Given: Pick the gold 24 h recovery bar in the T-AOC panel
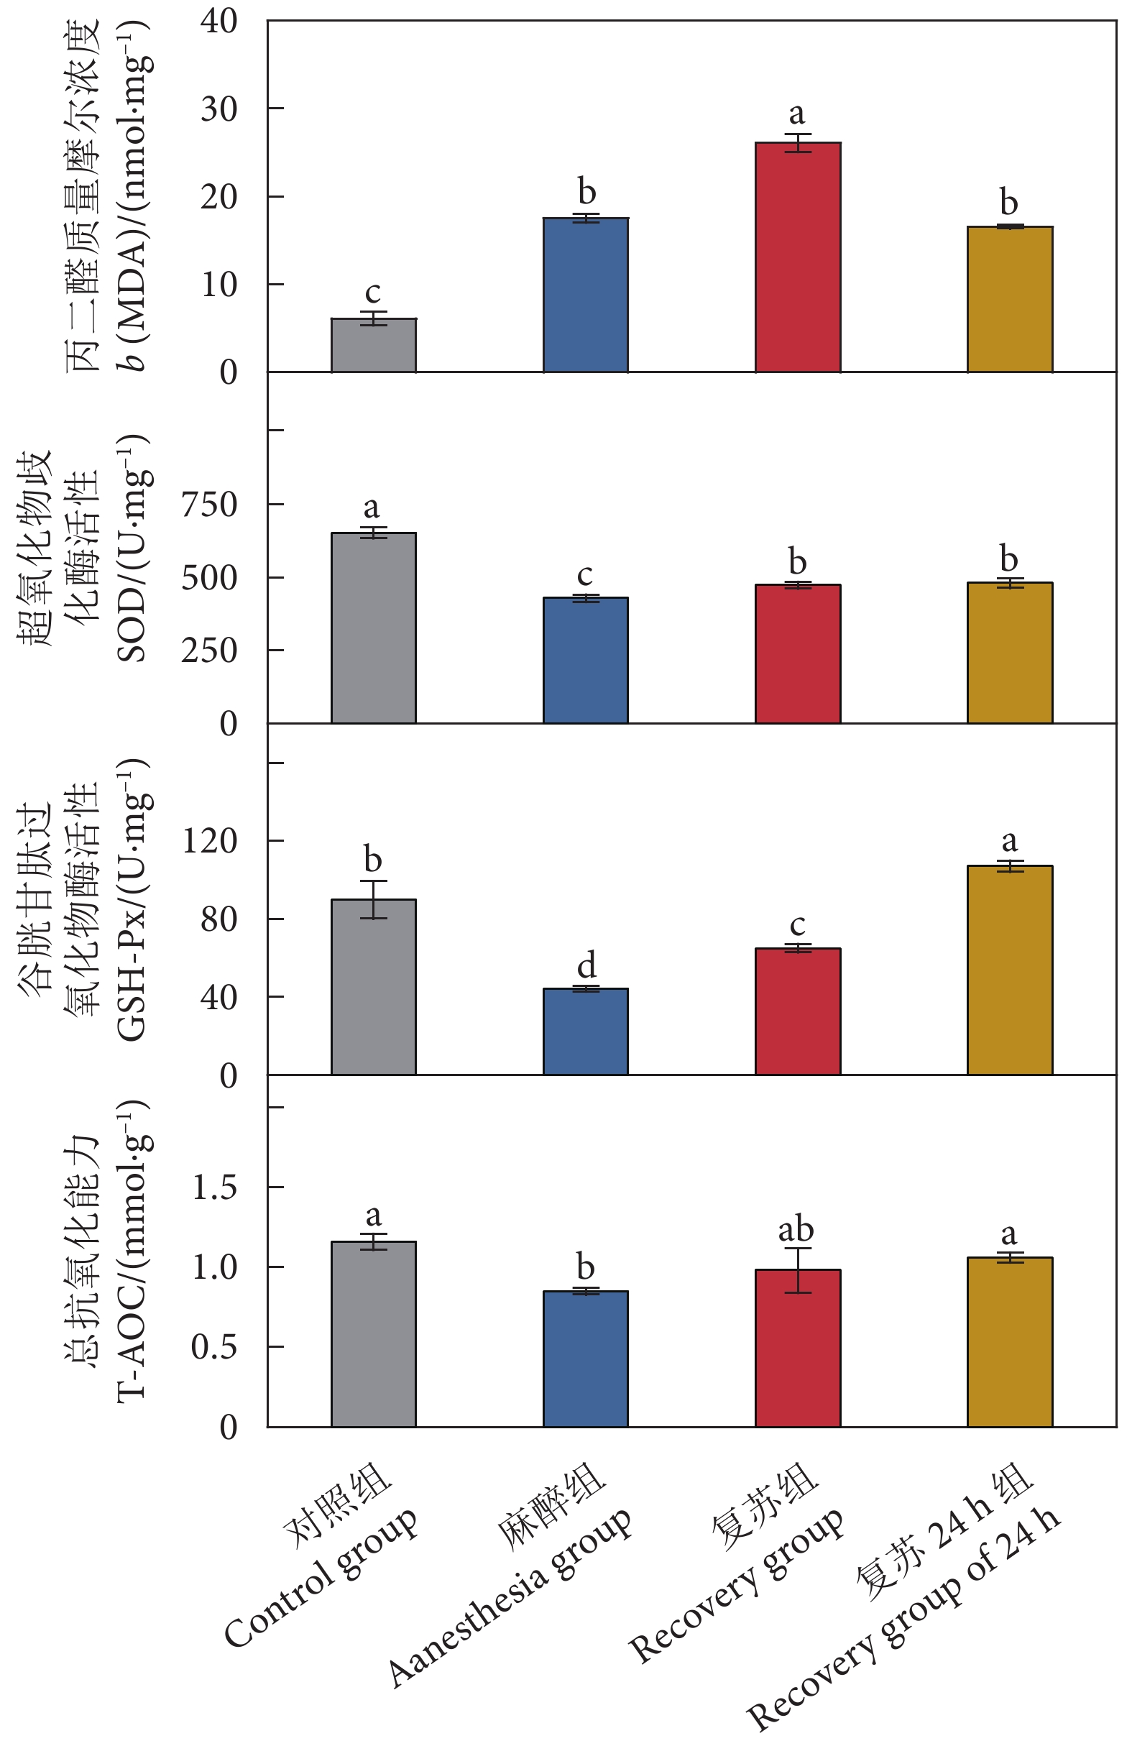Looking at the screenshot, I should point(1010,1342).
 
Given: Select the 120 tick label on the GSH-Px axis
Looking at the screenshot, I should point(209,840).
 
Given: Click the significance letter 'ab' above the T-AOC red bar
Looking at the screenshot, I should point(796,1230).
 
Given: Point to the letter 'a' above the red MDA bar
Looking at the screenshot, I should point(797,114).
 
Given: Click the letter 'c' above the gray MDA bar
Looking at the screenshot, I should point(373,293).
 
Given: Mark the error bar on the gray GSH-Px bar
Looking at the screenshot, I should point(374,899).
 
